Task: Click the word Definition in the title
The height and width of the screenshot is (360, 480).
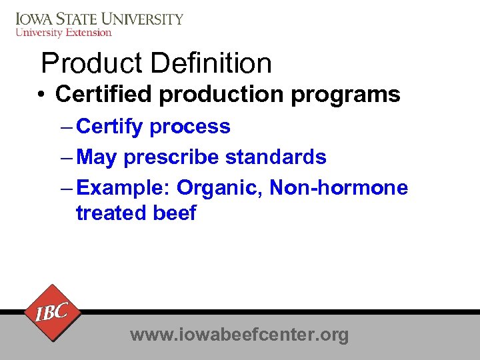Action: coord(211,64)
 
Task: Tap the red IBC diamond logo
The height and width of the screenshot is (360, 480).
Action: coord(51,312)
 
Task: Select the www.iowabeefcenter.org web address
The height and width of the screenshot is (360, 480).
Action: coord(239,334)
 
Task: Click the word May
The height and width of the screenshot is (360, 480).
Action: coord(97,157)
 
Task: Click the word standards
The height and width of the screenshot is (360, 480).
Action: coord(276,157)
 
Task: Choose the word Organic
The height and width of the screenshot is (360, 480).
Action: coord(220,189)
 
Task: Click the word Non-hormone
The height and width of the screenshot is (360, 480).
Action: coord(339,188)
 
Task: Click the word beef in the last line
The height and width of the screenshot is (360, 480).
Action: coord(177,213)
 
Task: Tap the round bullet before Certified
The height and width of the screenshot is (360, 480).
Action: coord(41,95)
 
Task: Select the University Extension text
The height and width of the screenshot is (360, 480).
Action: coord(63,32)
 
